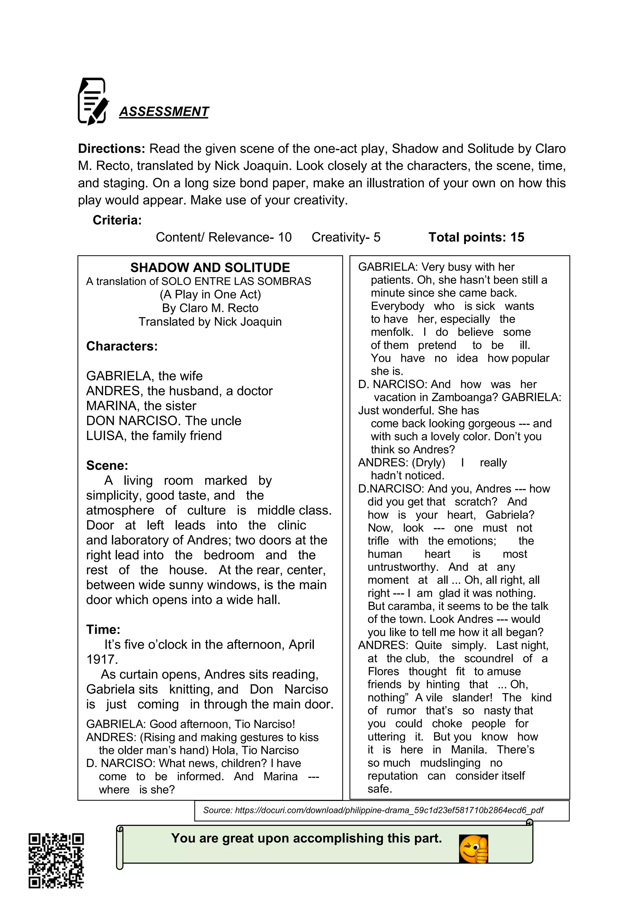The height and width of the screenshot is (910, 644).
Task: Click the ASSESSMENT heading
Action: coord(164,112)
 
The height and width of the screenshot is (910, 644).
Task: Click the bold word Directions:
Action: coord(112,149)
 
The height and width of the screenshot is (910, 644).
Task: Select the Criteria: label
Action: coord(117,220)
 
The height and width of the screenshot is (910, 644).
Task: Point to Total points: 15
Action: coord(476,238)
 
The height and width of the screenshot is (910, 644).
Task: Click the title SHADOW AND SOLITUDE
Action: coord(210,267)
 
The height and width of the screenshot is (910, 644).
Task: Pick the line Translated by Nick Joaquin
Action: coord(210,321)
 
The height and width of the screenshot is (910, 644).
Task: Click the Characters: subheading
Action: coord(122,346)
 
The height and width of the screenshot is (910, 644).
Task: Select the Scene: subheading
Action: coord(107,465)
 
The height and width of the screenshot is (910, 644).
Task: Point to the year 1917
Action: coord(102,660)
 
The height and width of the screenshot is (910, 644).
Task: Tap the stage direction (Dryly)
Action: coord(428,463)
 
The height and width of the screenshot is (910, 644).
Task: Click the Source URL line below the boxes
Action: coord(373,810)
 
